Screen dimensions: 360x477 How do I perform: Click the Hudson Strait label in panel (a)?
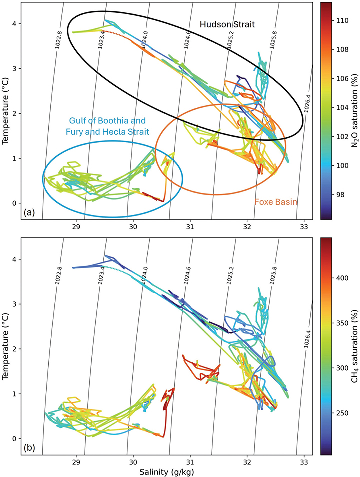pyautogui.click(x=227, y=25)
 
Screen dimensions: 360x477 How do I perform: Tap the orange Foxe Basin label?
pyautogui.click(x=276, y=202)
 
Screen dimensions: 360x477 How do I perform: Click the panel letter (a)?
pyautogui.click(x=29, y=213)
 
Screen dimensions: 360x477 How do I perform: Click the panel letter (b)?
pyautogui.click(x=29, y=448)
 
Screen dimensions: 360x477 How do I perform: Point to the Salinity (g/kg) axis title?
pyautogui.click(x=166, y=472)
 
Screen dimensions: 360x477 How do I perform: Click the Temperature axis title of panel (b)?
pyautogui.click(x=5, y=346)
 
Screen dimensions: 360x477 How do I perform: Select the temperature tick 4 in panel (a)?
pyautogui.click(x=15, y=24)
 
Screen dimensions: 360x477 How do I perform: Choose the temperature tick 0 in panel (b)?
pyautogui.click(x=15, y=439)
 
